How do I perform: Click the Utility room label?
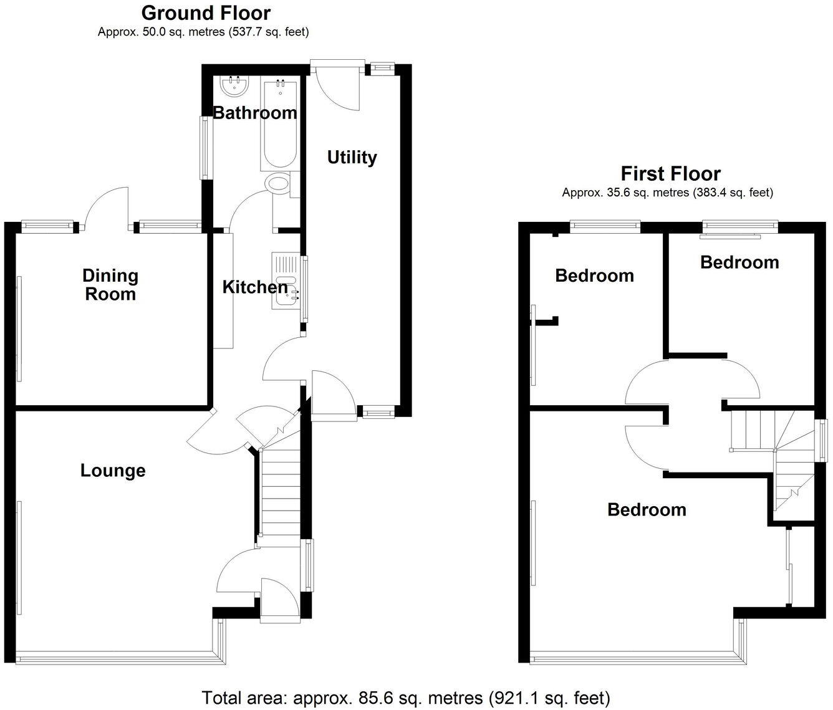click(x=352, y=157)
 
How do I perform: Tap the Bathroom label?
click(x=254, y=113)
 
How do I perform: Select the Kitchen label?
click(x=255, y=287)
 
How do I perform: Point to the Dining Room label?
click(x=110, y=284)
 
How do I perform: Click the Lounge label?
click(x=113, y=471)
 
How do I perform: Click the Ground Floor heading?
click(x=206, y=12)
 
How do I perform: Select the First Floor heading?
click(x=670, y=173)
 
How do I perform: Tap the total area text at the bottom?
click(x=405, y=698)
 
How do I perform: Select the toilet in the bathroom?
click(x=278, y=185)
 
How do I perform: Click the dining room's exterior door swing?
click(x=107, y=209)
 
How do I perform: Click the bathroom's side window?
click(x=204, y=148)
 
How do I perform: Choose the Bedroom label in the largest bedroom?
click(x=647, y=510)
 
